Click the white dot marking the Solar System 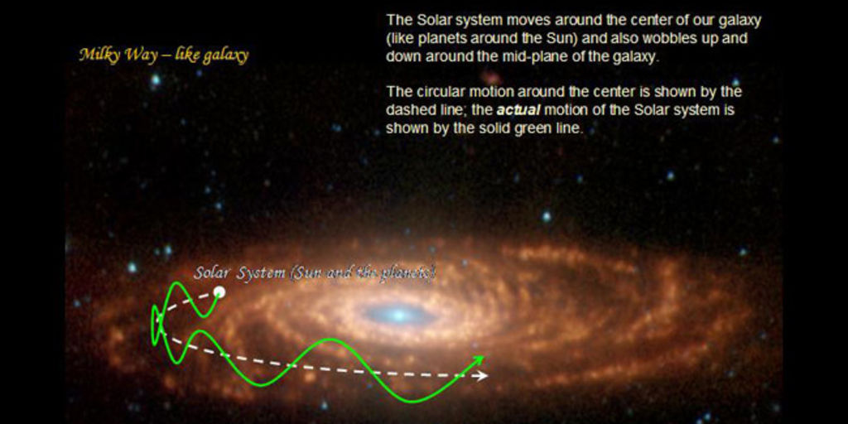pyautogui.click(x=219, y=292)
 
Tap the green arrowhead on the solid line pyautogui.click(x=478, y=359)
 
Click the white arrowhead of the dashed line pyautogui.click(x=481, y=375)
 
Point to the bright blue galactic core pyautogui.click(x=399, y=315)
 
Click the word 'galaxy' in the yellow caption pyautogui.click(x=225, y=56)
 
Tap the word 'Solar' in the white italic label pyautogui.click(x=210, y=273)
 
